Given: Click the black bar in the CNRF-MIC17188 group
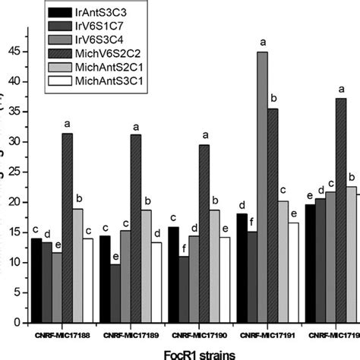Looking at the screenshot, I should (36, 281).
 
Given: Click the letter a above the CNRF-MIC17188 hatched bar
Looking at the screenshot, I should (68, 123).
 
